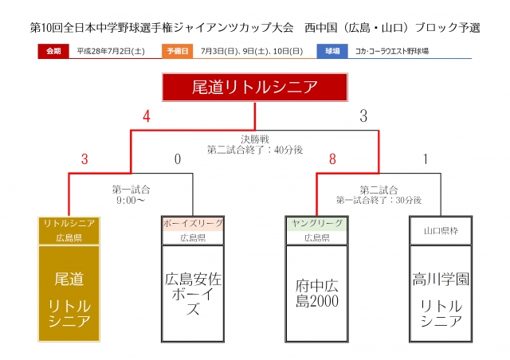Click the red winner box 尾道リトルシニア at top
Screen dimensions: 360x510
click(254, 88)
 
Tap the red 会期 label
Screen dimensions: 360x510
click(53, 51)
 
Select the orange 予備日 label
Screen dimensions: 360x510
click(178, 51)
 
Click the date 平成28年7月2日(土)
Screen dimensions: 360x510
click(111, 51)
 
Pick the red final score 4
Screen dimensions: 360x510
click(146, 116)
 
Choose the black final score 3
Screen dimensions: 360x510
click(363, 116)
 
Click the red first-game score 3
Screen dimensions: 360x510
click(84, 159)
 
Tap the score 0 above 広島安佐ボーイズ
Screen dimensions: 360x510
click(178, 159)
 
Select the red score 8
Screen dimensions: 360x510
click(332, 159)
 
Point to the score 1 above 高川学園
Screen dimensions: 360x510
click(426, 159)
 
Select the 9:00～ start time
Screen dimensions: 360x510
click(131, 200)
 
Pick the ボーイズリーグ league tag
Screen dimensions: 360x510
click(193, 223)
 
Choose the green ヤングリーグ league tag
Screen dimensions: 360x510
click(316, 223)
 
